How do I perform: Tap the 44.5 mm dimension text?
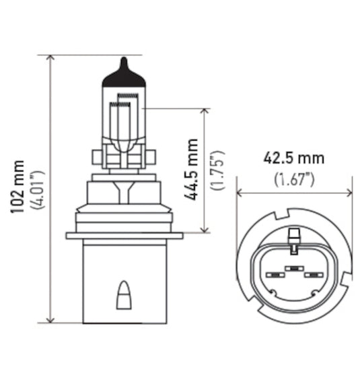tap(193, 168)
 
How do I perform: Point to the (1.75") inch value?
tap(217, 169)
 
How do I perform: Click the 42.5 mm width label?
tap(293, 159)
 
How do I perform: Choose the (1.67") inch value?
tap(293, 179)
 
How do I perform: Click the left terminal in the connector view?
tap(274, 276)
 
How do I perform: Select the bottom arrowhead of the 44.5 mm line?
tap(204, 228)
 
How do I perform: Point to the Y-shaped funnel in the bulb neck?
tap(123, 190)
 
